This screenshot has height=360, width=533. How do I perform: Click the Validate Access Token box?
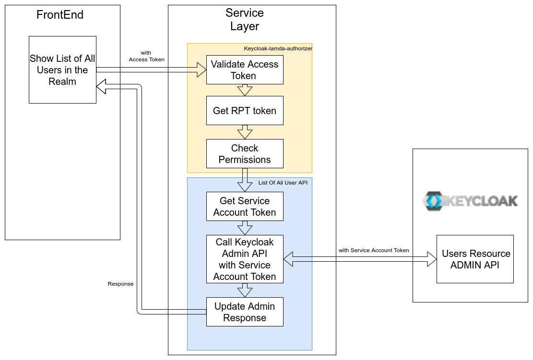click(x=245, y=70)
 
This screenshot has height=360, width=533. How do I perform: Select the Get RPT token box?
click(x=245, y=111)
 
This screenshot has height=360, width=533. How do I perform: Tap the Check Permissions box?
click(x=245, y=154)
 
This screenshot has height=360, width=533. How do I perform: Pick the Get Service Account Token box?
click(x=245, y=207)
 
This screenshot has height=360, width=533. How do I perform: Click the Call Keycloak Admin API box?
click(x=245, y=259)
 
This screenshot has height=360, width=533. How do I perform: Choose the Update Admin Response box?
click(x=245, y=312)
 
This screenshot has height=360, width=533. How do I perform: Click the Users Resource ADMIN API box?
click(x=475, y=259)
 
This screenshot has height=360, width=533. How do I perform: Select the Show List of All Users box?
click(x=62, y=70)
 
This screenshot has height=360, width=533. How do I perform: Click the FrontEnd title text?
click(x=60, y=15)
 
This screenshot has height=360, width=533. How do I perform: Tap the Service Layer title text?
click(x=245, y=20)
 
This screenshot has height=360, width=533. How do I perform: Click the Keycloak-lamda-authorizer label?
click(x=278, y=48)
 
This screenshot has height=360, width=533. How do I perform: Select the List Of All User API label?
click(x=283, y=183)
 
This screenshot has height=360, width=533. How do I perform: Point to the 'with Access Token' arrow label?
click(x=146, y=56)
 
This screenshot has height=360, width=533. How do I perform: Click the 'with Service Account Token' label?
click(x=374, y=250)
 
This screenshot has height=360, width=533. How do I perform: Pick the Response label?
click(x=120, y=284)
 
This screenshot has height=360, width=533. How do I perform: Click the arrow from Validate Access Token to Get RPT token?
click(x=245, y=90)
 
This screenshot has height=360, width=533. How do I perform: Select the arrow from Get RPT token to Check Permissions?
click(x=245, y=132)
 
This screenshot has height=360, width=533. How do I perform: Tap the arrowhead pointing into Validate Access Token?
click(x=202, y=70)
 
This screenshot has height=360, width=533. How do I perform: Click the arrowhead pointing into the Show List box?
click(x=101, y=86)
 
